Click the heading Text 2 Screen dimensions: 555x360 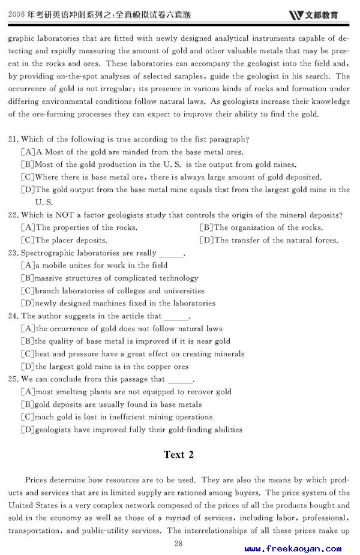tap(178, 454)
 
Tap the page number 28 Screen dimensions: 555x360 tap(178, 543)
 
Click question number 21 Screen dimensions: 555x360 tap(13, 139)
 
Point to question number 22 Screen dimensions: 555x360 tap(13, 215)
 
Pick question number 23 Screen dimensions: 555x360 tap(13, 253)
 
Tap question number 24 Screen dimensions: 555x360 tap(13, 316)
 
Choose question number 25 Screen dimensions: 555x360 tap(13, 379)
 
